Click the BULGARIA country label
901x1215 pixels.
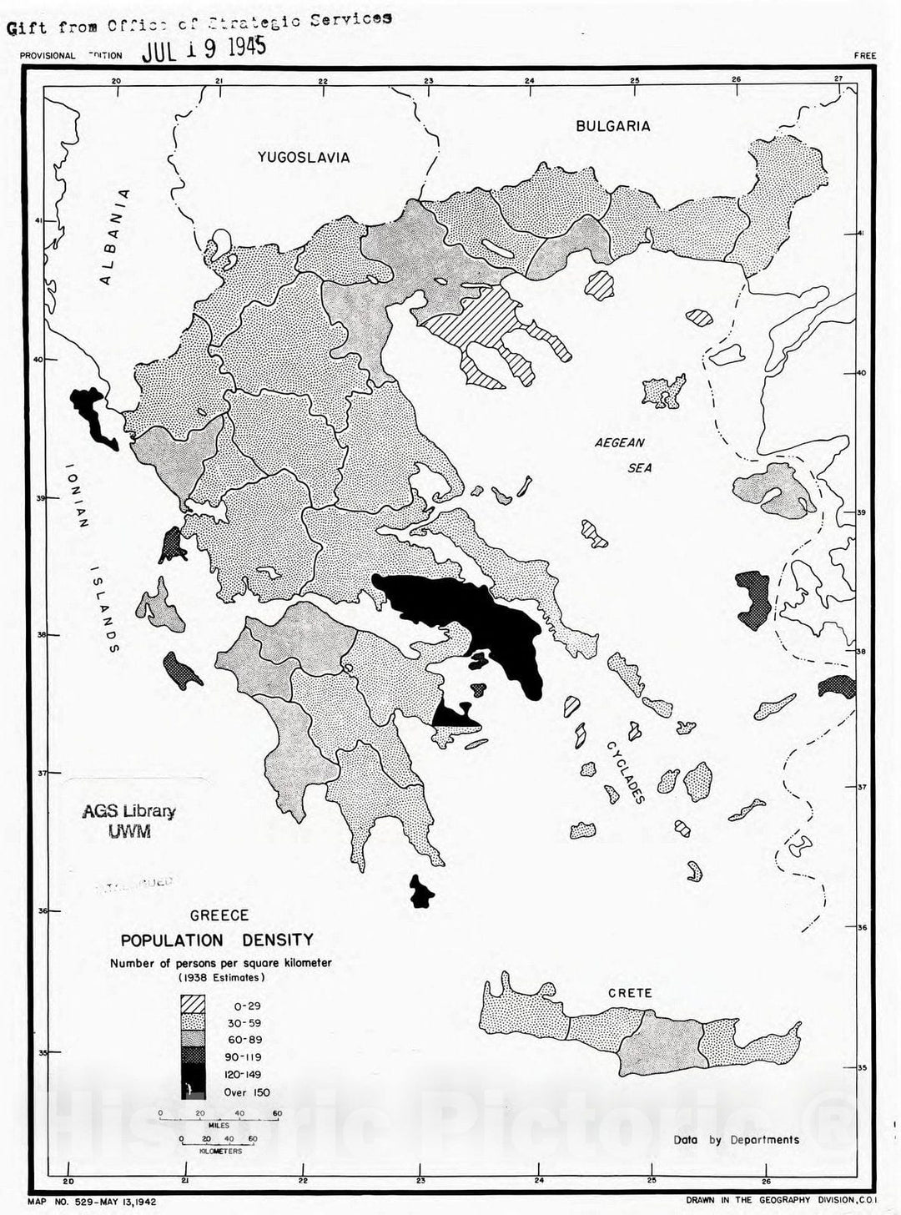point(612,126)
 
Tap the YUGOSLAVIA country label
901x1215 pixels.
point(303,157)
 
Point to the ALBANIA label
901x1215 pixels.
point(115,237)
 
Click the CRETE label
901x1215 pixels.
point(630,993)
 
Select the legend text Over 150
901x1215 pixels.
point(247,1092)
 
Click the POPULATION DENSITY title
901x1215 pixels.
point(217,940)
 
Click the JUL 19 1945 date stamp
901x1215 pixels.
point(204,48)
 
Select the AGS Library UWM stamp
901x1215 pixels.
point(128,821)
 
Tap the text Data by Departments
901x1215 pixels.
point(736,1139)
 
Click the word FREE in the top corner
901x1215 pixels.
point(864,56)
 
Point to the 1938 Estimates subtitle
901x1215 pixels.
point(221,976)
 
